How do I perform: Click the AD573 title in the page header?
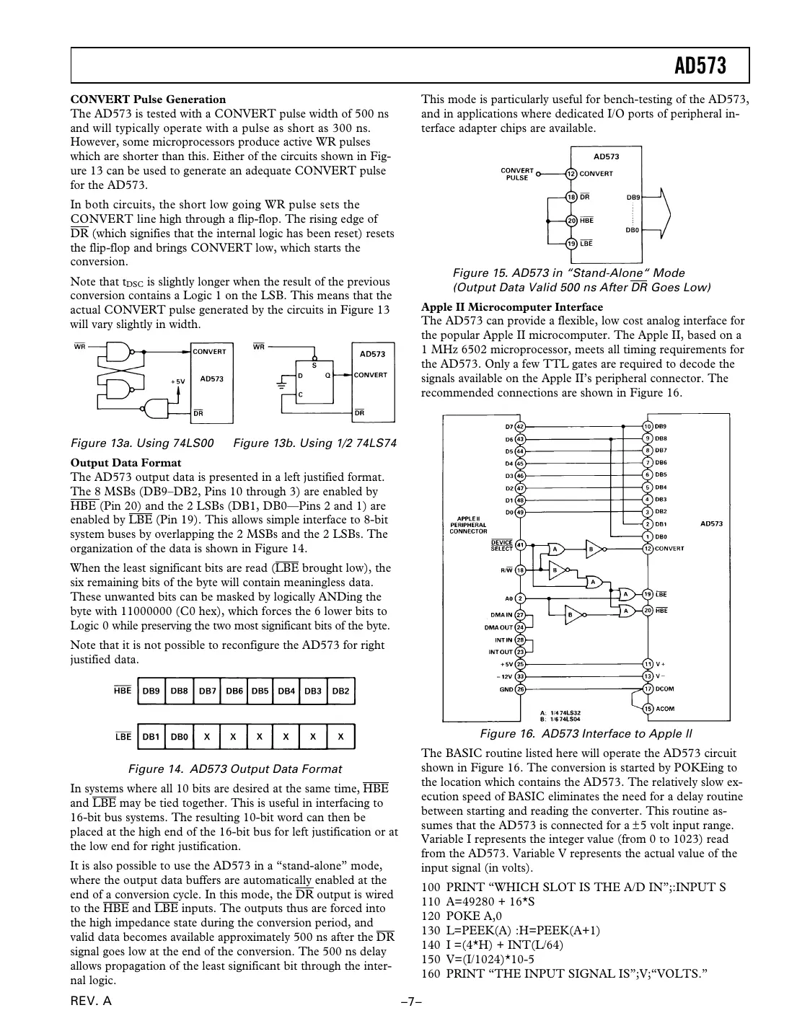coord(700,66)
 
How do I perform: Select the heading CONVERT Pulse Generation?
coord(148,99)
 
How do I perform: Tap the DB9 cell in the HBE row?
coord(151,691)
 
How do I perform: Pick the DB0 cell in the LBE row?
coord(179,737)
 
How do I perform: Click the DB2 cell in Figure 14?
coord(340,691)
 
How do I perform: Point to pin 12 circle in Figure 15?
coord(571,173)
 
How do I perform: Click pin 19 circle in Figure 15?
coord(571,244)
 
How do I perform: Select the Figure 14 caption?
coord(234,769)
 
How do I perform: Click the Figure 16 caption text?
coord(586,734)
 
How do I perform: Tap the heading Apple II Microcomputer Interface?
coord(512,306)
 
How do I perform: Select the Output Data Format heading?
coord(126,463)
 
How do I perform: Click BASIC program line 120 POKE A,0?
coord(462,916)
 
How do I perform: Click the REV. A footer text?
coord(91,1002)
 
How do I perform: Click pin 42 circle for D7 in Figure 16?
coord(520,426)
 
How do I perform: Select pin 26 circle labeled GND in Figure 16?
coord(520,689)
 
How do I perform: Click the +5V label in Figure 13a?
coord(178,381)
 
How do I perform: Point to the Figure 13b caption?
coord(314,443)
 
